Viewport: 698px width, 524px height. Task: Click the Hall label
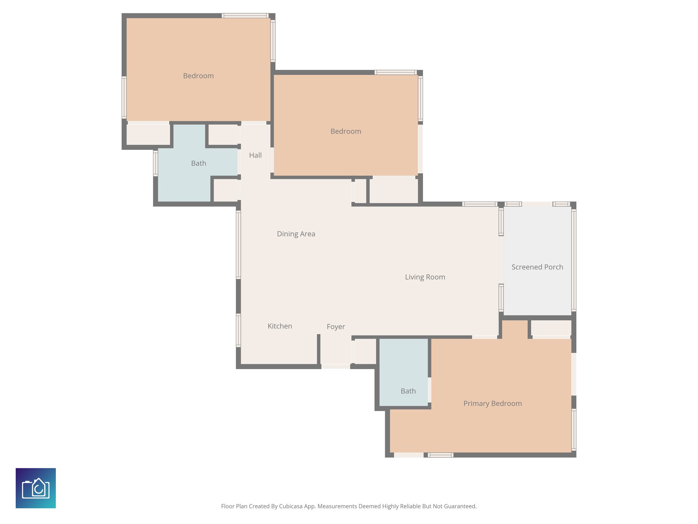coord(255,155)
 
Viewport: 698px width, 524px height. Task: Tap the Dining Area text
coord(296,234)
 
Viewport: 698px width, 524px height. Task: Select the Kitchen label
coord(280,326)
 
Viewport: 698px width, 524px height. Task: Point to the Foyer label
coord(336,327)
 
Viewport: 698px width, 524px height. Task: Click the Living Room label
coord(425,277)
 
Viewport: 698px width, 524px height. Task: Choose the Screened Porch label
coord(537,267)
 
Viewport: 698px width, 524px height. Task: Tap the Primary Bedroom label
coord(492,404)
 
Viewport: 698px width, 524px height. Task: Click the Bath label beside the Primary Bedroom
coord(408,391)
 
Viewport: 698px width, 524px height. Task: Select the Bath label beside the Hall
coord(198,163)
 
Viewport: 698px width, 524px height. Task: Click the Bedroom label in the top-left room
coord(198,76)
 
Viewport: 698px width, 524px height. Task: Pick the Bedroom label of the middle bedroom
coord(346,131)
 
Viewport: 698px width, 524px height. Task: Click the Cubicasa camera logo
coord(36,488)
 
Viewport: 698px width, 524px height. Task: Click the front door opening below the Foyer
coord(336,366)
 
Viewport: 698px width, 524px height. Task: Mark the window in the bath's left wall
coord(155,163)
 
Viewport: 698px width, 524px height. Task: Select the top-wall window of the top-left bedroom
coord(245,16)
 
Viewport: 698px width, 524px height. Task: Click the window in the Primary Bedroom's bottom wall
coord(440,455)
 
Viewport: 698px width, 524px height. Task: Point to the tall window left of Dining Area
coord(239,244)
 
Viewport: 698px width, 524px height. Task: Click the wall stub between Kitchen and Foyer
coord(319,350)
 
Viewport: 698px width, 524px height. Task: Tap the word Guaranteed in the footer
coord(460,506)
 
